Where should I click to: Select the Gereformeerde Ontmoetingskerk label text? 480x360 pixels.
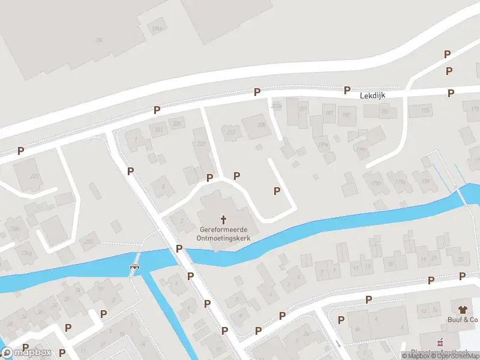click(224, 233)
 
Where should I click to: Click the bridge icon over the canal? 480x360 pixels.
click(135, 266)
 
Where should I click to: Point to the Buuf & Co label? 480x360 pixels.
click(461, 320)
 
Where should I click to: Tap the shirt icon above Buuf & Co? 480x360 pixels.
click(462, 310)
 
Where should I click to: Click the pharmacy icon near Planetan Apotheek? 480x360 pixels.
click(441, 343)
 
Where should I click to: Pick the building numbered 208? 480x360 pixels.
click(260, 125)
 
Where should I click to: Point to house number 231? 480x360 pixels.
click(158, 129)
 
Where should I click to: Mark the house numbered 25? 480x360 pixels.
click(461, 259)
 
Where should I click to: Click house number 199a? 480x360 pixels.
click(323, 144)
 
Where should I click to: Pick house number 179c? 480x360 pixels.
click(362, 151)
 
